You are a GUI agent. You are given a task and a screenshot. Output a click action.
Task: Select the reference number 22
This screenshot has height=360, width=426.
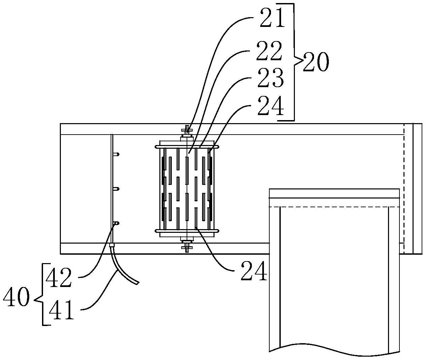tap(269, 51)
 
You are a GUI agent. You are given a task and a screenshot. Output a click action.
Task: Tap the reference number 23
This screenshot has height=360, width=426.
tap(271, 78)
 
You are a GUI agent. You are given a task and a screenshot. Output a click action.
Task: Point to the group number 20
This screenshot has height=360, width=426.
tap(316, 62)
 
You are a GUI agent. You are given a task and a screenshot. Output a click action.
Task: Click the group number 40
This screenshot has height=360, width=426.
tap(16, 297)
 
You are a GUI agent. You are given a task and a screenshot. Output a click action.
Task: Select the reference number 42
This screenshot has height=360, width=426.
tap(59, 278)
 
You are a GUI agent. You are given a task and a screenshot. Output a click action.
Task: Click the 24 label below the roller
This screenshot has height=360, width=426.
tap(254, 271)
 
